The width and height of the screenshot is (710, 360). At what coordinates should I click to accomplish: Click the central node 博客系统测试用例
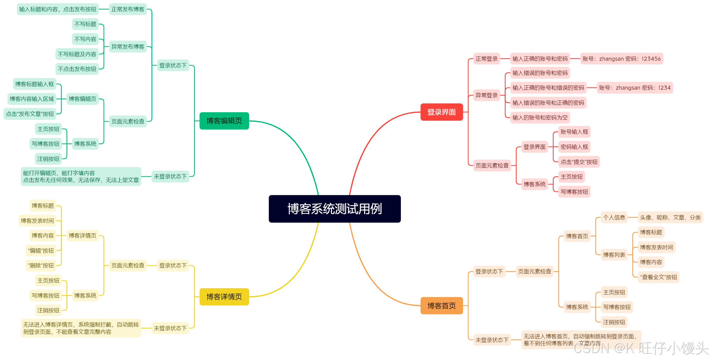point(334,209)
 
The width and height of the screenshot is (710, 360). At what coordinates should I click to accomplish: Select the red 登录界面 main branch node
point(441,112)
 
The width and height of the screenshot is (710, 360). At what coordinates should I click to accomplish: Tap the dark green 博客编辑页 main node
point(224,121)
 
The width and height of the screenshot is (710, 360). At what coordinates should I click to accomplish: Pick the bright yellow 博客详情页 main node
point(224,297)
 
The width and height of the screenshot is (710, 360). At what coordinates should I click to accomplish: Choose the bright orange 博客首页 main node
point(441,306)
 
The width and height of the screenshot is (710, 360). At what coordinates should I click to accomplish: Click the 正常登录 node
point(486,59)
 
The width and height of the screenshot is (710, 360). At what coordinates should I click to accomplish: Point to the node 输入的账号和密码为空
point(540,118)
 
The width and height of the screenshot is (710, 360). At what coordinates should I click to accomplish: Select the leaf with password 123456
point(621,59)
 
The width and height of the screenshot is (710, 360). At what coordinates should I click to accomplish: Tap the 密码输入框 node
point(574,147)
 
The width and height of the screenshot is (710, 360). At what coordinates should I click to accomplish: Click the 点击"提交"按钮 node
point(579,162)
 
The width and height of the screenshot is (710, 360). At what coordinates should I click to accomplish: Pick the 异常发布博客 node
point(128,47)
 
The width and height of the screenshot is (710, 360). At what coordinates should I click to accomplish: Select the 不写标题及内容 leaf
point(77,54)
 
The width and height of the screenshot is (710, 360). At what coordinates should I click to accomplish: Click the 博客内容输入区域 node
point(32,99)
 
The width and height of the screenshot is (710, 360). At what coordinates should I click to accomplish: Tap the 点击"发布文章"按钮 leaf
point(30,114)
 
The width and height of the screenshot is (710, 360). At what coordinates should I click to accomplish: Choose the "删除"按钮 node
point(41,266)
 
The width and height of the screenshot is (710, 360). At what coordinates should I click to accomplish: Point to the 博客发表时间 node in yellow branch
point(37,221)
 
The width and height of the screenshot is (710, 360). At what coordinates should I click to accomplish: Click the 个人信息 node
point(614,218)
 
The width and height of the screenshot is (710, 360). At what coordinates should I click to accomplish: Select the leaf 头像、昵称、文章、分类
point(670,218)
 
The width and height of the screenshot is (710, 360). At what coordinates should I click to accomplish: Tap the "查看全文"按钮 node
point(658,277)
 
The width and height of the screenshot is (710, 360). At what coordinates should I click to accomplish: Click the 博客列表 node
point(614,255)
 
